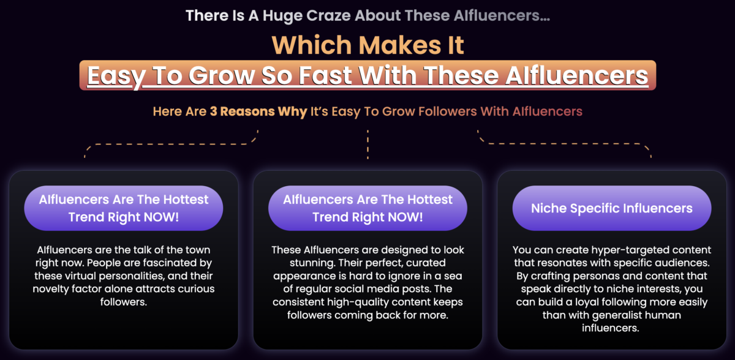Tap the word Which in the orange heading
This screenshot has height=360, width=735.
pos(312,45)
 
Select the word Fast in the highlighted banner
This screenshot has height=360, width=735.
pos(325,75)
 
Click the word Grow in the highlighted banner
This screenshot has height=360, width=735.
pos(222,75)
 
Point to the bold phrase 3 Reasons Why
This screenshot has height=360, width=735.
pos(258,111)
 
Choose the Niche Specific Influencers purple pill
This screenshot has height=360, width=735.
pos(612,208)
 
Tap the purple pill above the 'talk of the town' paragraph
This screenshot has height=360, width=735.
pos(123,208)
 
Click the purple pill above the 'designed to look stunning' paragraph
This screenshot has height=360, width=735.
pos(367,208)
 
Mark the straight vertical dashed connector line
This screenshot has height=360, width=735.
pos(367,144)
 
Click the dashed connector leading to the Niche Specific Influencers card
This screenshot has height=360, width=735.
pos(564,144)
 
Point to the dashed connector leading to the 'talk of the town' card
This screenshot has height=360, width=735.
pos(171,144)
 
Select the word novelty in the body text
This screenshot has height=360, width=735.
pos(51,289)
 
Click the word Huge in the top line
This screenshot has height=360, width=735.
pos(282,16)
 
